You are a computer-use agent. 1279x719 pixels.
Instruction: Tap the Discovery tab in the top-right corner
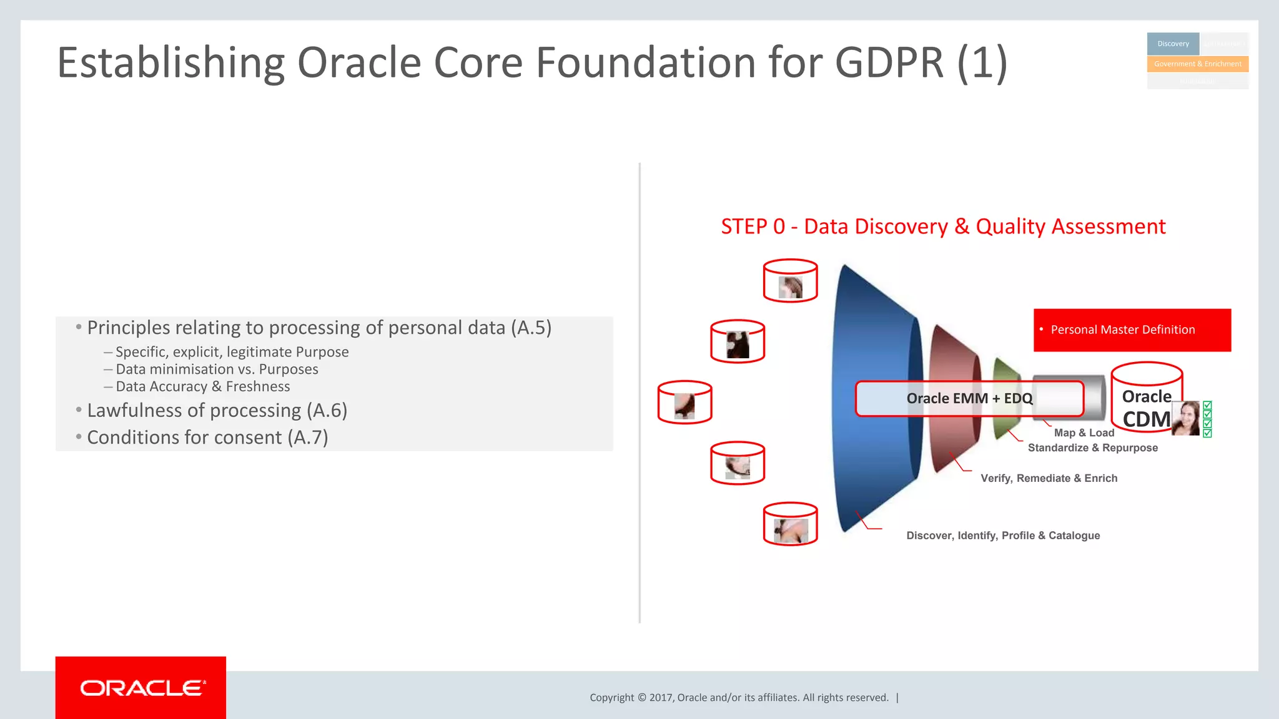point(1173,44)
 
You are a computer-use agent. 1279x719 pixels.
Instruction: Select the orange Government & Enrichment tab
point(1197,64)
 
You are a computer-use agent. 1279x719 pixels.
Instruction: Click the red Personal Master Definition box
point(1132,330)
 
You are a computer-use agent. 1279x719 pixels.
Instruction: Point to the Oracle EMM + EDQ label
point(969,399)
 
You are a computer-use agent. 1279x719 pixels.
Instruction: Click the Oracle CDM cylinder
point(1146,398)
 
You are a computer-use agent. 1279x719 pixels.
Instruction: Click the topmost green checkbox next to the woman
point(1207,406)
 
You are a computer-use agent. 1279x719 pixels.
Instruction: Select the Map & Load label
point(1084,433)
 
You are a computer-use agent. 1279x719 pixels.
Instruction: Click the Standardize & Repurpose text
point(1092,448)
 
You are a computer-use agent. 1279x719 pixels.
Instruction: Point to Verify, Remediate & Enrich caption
point(1049,479)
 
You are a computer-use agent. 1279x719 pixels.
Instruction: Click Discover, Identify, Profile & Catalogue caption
point(1002,536)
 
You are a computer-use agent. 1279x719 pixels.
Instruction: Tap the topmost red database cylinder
point(790,281)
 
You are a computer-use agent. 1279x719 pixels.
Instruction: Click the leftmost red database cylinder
point(684,403)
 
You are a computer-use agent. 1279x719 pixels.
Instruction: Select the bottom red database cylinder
point(790,524)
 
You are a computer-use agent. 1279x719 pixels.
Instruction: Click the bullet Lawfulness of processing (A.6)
point(217,411)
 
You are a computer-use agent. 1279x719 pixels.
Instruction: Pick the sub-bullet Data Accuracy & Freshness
point(202,387)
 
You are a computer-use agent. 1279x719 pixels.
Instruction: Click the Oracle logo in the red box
point(141,688)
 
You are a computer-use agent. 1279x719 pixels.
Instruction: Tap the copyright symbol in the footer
point(641,698)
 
